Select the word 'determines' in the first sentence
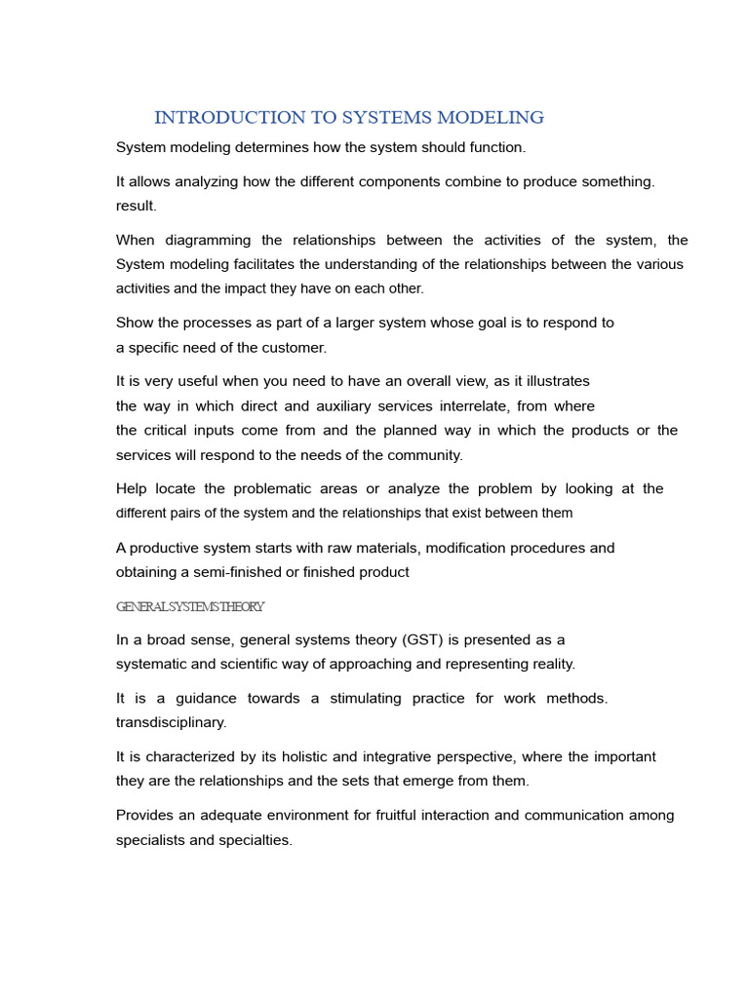(x=263, y=147)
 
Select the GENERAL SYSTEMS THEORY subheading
(x=190, y=606)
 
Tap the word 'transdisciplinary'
(x=171, y=722)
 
